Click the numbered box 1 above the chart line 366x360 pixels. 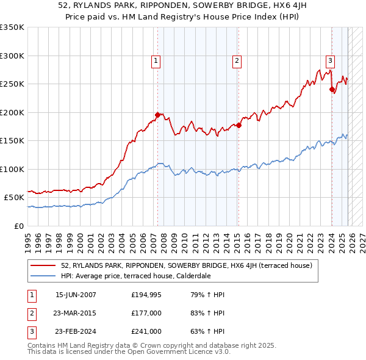click(x=156, y=60)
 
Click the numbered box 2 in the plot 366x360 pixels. click(x=236, y=60)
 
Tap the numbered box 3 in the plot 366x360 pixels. click(x=330, y=60)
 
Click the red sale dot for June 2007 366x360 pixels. click(x=157, y=115)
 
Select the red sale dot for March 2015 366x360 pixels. click(x=239, y=125)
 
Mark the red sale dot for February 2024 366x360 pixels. click(x=332, y=89)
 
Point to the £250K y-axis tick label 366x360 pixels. click(x=12, y=84)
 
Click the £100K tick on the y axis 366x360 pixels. click(x=12, y=169)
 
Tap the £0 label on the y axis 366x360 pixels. click(x=18, y=226)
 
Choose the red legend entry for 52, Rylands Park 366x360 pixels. click(x=187, y=265)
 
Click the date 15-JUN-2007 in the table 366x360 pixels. click(x=76, y=294)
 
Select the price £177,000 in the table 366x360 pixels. click(x=146, y=313)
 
